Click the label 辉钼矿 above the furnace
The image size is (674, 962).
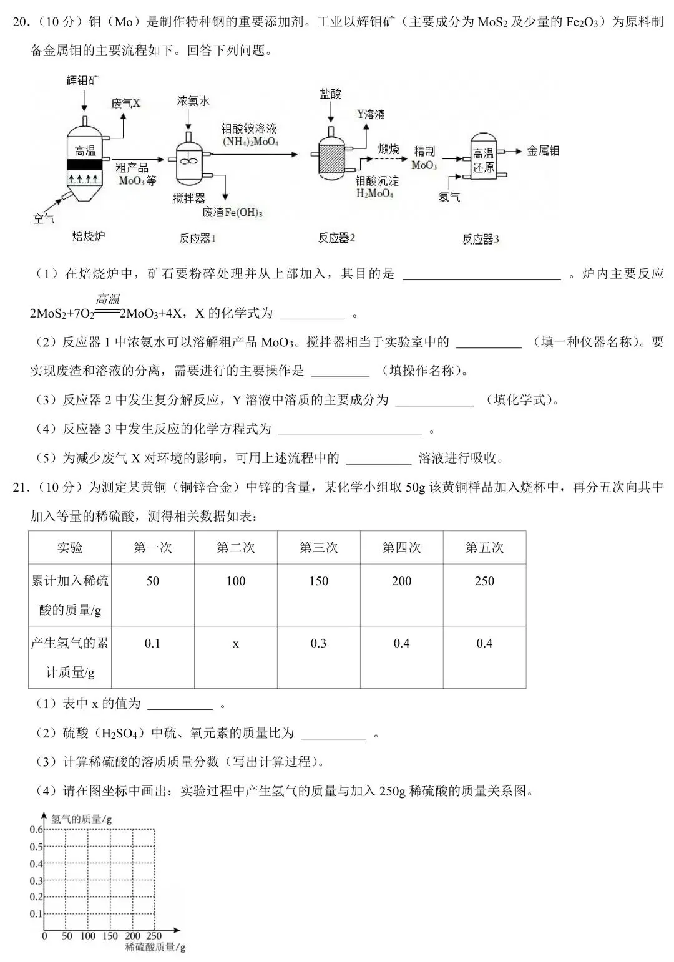83,80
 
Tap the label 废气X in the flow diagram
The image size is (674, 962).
126,103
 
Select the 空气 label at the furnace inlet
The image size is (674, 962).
44,218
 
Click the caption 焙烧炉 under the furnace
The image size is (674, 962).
89,236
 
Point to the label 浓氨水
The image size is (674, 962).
193,101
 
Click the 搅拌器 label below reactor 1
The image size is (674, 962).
189,198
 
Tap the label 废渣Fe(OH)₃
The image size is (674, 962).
232,213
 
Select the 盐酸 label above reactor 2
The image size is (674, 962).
331,94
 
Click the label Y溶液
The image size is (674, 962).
371,114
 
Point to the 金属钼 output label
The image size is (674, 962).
543,150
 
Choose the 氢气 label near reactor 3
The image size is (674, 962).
449,197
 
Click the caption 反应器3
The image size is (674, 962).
481,239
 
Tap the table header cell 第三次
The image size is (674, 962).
318,548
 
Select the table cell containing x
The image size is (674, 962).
235,643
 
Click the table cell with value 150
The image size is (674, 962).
318,581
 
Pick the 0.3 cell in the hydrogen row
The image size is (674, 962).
318,643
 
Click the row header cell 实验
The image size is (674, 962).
70,548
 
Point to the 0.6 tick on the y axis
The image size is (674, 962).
36,830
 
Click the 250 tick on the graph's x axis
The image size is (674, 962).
154,935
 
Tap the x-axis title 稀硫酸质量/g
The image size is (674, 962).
155,947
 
